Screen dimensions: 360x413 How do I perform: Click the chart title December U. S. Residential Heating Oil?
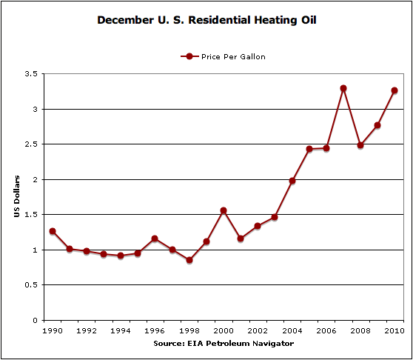click(x=207, y=20)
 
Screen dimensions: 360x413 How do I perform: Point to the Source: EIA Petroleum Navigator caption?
click(x=224, y=343)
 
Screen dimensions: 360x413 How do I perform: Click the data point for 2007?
click(x=343, y=88)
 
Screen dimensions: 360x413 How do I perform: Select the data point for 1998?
click(x=189, y=260)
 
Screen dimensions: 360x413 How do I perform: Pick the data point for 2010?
click(x=394, y=90)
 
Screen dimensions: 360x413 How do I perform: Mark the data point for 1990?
click(x=53, y=231)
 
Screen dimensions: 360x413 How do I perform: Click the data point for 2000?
click(x=224, y=210)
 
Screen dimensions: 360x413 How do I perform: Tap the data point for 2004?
click(x=292, y=181)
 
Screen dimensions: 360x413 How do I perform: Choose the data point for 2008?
click(x=360, y=145)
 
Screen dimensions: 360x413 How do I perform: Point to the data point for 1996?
click(x=155, y=239)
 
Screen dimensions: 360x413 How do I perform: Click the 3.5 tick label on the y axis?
click(x=30, y=74)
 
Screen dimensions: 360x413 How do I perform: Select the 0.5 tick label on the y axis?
click(x=30, y=285)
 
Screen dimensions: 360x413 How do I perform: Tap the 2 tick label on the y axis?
click(x=35, y=179)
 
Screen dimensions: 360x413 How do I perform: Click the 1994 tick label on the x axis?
click(x=121, y=330)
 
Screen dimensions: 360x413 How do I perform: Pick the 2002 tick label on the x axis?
click(x=258, y=330)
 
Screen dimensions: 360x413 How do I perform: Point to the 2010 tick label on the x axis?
click(x=394, y=330)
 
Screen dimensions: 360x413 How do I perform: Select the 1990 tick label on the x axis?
click(x=53, y=330)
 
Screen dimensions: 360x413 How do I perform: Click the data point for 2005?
click(x=309, y=149)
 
